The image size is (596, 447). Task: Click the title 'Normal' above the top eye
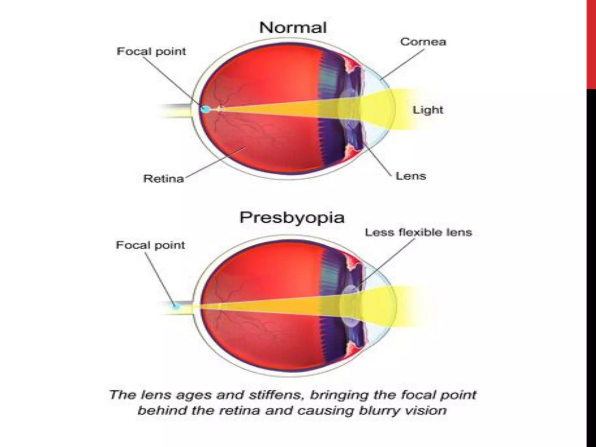point(293,28)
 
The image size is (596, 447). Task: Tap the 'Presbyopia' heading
point(292,218)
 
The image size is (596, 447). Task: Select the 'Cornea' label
point(423,42)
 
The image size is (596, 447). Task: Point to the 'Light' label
point(428,110)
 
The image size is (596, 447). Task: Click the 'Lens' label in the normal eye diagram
point(411,176)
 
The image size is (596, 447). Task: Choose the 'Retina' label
point(164,179)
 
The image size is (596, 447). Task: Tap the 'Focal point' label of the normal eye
point(151,52)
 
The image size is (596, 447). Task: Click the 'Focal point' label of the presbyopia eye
point(150,245)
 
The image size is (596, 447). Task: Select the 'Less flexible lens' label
point(418,233)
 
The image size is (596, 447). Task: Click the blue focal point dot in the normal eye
point(205,109)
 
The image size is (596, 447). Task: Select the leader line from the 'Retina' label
point(215,162)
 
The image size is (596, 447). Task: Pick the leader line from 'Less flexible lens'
point(387,262)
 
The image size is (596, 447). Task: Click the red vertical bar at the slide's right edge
point(591,44)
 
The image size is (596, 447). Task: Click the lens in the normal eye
point(350,109)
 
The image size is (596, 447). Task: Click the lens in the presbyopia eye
point(350,306)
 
